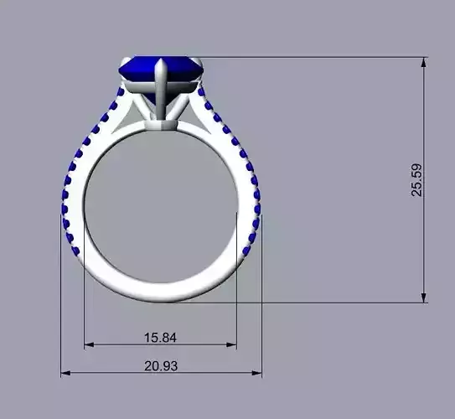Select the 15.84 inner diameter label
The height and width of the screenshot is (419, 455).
point(160,337)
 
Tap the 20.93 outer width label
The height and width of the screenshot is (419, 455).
point(160,366)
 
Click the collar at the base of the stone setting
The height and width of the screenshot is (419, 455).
point(162,125)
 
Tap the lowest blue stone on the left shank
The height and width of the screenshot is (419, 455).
point(75,251)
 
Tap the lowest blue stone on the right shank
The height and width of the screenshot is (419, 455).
point(246,251)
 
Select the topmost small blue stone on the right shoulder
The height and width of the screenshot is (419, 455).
point(201,90)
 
